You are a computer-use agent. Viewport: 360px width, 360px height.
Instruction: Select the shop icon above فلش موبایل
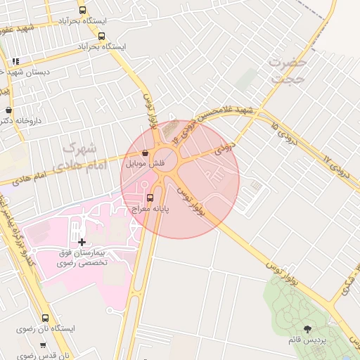145,153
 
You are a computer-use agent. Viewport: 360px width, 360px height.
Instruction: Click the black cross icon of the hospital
82,242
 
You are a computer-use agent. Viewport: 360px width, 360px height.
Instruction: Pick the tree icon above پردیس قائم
307,328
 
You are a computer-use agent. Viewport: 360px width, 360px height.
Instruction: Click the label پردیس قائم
307,340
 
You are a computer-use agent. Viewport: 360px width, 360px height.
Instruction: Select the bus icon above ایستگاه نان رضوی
46,318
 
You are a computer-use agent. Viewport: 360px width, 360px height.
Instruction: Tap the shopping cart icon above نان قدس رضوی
44,345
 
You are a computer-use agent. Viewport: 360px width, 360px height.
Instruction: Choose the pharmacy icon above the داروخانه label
8,110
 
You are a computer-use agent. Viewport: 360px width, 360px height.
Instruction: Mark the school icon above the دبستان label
15,62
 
